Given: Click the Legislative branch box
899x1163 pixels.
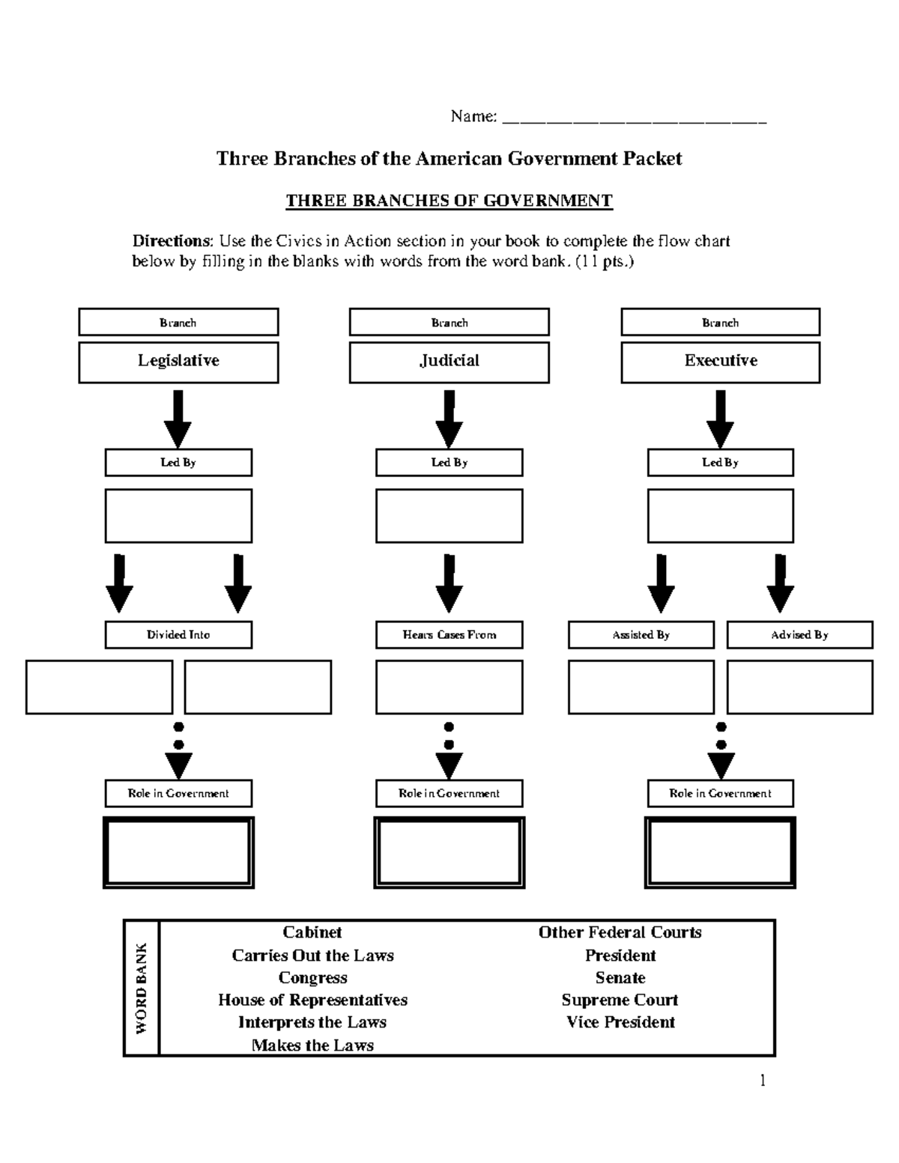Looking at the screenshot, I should coord(178,362).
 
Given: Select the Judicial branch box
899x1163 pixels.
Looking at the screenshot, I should coord(449,362).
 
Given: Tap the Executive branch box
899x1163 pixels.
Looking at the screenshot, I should coord(720,362).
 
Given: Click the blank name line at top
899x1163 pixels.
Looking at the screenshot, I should coord(634,118).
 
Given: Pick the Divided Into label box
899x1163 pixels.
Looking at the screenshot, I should coord(178,634).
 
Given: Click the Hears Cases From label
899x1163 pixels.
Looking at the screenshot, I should coord(449,634).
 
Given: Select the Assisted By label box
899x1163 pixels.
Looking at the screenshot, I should coord(641,634).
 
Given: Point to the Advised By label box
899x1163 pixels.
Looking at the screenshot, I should coord(799,634).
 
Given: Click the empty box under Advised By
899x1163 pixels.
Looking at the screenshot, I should coord(799,687).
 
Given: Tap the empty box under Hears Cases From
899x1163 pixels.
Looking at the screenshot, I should coord(449,687).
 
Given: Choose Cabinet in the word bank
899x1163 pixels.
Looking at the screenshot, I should coord(312,932).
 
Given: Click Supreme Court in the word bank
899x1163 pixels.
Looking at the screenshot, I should coord(620,1000).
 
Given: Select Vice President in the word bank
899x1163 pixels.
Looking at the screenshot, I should coord(620,1022).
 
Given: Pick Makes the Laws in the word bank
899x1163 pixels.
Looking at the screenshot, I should coord(312,1045).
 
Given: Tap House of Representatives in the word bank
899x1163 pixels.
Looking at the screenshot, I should coord(312,1000).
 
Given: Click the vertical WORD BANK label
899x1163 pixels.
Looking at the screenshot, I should coord(141,989).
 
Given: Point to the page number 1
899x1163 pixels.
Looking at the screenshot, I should coord(763,1080).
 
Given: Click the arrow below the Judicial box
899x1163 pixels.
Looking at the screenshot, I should coord(449,419).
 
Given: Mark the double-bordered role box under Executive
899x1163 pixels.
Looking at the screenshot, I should coord(720,852).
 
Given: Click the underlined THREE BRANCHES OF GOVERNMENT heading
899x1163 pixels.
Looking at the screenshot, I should coord(449,201).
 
